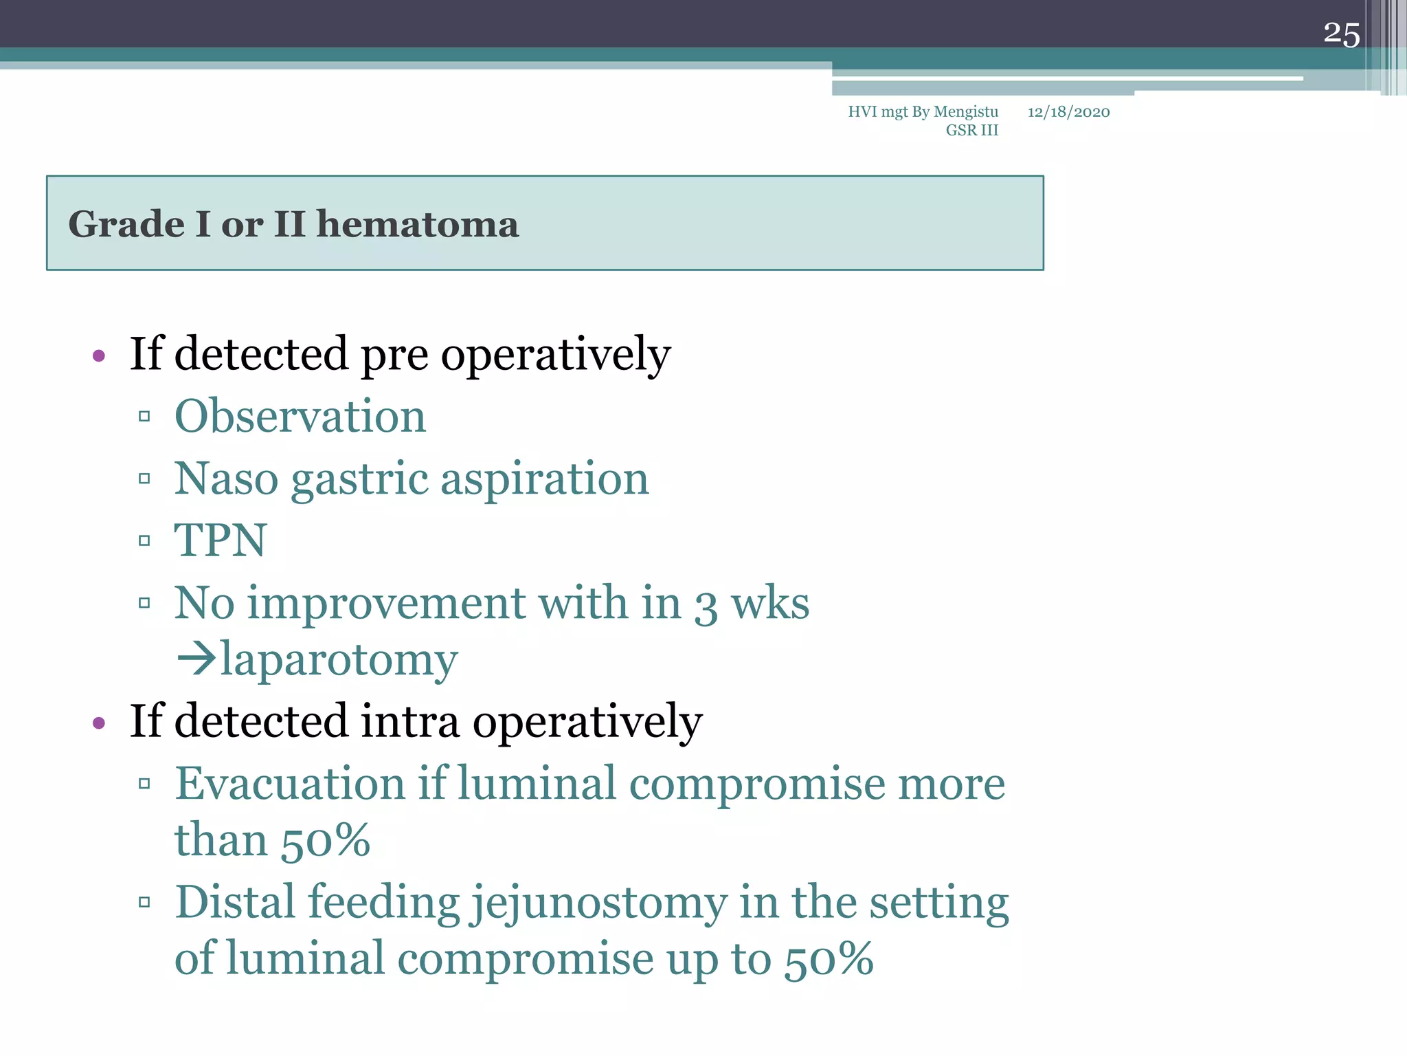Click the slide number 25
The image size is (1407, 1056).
point(1341,34)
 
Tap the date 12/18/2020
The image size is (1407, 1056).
point(1068,112)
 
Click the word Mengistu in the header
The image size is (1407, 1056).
point(966,112)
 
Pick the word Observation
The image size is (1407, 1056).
point(300,417)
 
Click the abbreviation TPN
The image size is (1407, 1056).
point(220,540)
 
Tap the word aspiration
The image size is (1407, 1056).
point(545,479)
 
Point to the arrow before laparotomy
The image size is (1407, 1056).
point(196,659)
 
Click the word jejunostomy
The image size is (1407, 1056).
point(598,903)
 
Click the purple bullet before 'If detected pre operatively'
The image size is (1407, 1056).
point(99,355)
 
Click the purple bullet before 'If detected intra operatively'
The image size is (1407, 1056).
point(99,723)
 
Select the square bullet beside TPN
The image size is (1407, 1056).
point(144,541)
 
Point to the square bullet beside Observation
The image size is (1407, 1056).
point(144,417)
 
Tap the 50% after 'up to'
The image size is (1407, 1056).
point(829,960)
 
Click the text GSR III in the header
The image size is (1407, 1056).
point(971,131)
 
